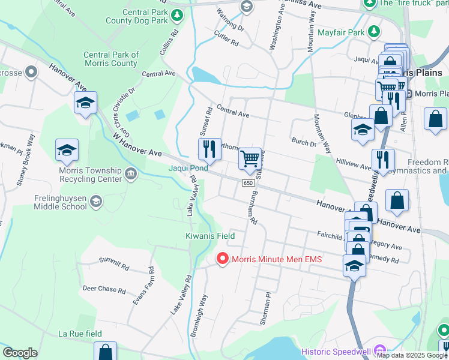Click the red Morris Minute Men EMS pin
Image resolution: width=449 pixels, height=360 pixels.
pos(222,259)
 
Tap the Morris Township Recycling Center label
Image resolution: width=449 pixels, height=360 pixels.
pos(82,174)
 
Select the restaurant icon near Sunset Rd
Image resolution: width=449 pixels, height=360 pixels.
pos(209,149)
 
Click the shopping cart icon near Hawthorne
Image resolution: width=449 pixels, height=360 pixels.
pos(249,159)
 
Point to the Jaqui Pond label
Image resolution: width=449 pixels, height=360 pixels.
pos(188,169)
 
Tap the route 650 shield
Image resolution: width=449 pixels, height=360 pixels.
pos(248,182)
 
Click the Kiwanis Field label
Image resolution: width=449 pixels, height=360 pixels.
pos(209,236)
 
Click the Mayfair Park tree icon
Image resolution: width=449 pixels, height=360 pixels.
pos(373,31)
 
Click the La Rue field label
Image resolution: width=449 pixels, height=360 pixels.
pos(80,334)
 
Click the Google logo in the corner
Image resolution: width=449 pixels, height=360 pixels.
pos(20,352)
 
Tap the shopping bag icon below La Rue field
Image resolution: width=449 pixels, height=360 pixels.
pos(106,352)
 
